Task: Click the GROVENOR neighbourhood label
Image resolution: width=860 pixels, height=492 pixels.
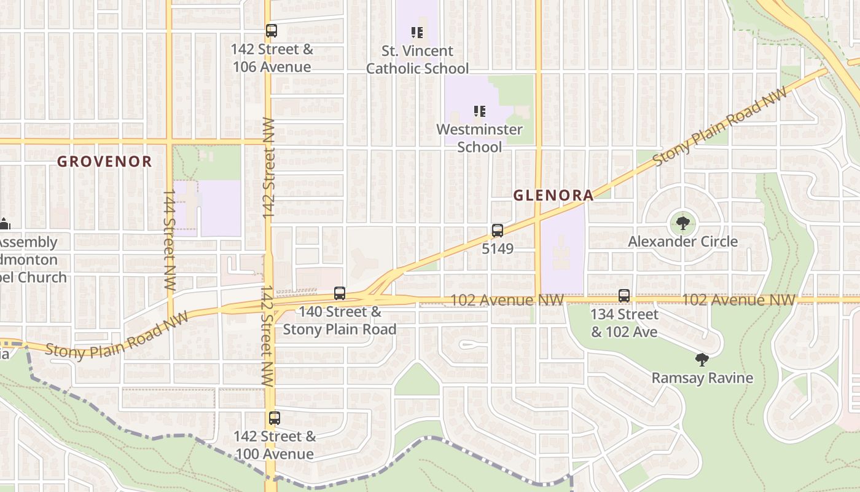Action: (104, 162)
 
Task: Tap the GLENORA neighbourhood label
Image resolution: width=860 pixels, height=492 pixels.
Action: (553, 196)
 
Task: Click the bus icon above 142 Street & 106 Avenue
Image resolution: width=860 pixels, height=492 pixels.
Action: (272, 30)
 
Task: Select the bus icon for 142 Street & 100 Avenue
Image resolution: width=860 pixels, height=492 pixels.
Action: (275, 418)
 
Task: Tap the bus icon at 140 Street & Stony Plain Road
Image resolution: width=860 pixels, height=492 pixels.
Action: (340, 293)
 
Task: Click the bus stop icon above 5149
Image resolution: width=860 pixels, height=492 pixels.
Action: (498, 231)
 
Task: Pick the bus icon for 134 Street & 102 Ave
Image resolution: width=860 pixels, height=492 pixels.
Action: (624, 296)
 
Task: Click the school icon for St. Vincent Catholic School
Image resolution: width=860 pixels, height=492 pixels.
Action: (418, 32)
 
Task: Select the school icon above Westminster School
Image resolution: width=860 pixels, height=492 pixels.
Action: (480, 111)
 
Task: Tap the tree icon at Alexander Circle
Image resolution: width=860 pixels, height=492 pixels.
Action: (682, 223)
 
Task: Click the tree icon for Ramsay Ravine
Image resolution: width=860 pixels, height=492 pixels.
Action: (702, 360)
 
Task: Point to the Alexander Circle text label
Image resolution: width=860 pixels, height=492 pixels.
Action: (682, 242)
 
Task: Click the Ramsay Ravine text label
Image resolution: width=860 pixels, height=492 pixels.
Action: (702, 378)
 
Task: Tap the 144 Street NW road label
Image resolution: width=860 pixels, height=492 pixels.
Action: (170, 240)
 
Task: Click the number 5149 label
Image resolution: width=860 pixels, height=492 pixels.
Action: (498, 249)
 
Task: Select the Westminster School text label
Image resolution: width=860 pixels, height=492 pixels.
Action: (480, 138)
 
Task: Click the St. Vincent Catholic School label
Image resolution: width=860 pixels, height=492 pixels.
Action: (418, 60)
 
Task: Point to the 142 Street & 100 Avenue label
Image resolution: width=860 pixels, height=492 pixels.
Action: (275, 445)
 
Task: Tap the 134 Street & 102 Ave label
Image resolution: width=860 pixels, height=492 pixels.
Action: (624, 323)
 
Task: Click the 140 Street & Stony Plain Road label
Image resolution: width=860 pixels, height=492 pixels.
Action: (340, 320)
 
